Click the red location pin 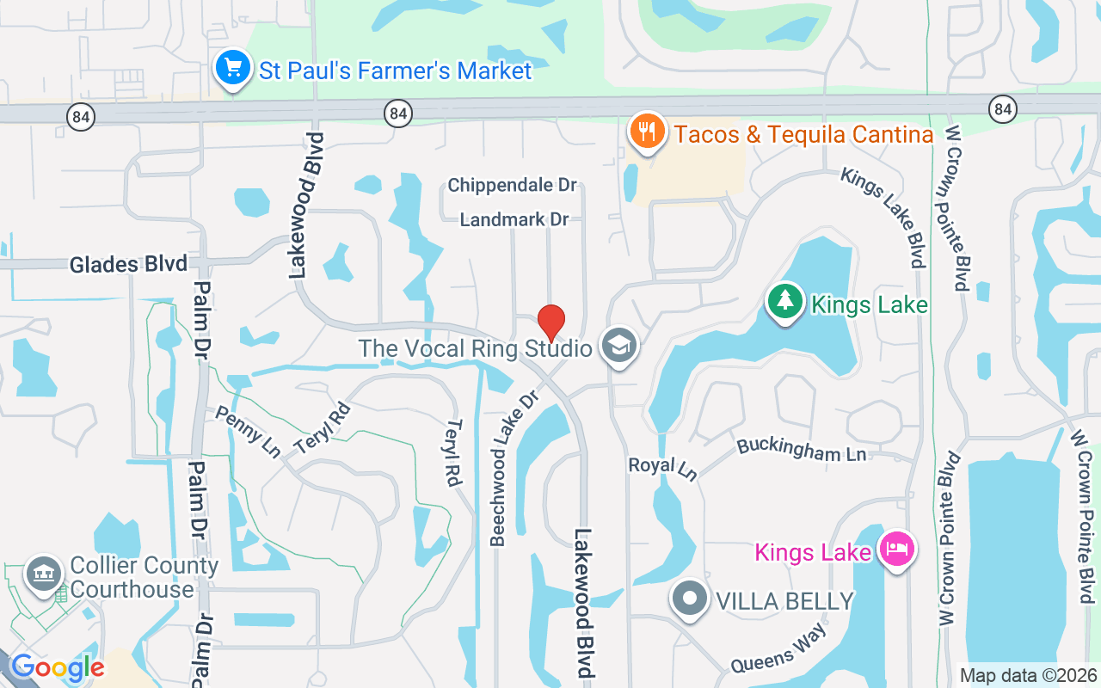551,323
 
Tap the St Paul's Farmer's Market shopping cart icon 233,69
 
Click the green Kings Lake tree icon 784,303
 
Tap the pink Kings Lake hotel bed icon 896,549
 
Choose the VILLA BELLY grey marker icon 689,599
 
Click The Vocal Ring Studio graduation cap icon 618,347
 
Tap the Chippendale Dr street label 512,186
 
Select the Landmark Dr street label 514,220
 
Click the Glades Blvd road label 116,264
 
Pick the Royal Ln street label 662,467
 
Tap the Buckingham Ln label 801,449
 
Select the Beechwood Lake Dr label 514,469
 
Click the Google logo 57,668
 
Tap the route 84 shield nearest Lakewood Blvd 397,113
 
